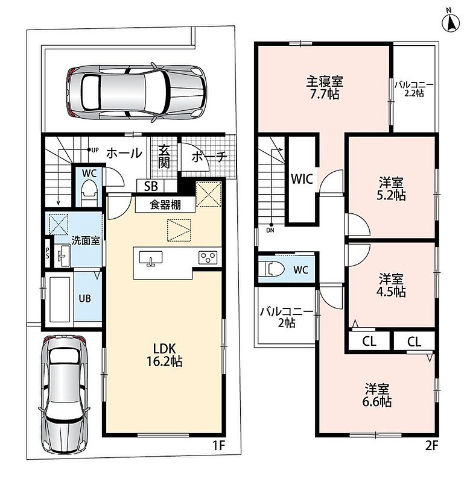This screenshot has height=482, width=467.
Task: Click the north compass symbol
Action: pos(451,22)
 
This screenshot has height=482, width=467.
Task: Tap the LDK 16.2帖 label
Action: pos(164,355)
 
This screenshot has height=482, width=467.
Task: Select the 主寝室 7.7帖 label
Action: pos(325,87)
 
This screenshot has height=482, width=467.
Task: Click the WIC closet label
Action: pos(302,179)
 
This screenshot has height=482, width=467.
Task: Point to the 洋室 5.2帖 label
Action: pos(391,189)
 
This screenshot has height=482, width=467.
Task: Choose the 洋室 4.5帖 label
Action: pos(391,285)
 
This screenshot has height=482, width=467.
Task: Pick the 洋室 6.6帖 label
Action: pos(377,395)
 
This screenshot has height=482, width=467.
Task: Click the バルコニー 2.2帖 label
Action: pos(414,89)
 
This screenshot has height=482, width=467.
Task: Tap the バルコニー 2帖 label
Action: pos(287,318)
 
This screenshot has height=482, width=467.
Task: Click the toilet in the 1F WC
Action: pos(89,192)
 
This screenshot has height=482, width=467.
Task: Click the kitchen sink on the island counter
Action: pos(150,258)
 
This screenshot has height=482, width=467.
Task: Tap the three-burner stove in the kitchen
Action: pos(208,257)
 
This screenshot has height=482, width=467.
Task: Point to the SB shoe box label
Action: pos(151,186)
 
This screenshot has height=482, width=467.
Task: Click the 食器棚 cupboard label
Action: pos(165,205)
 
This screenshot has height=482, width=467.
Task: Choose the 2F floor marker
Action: pos(431,445)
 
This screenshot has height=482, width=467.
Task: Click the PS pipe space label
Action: pos(48,253)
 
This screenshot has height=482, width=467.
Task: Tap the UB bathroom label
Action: pos(84,298)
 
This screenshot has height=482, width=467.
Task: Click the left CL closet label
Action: pos(369,341)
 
